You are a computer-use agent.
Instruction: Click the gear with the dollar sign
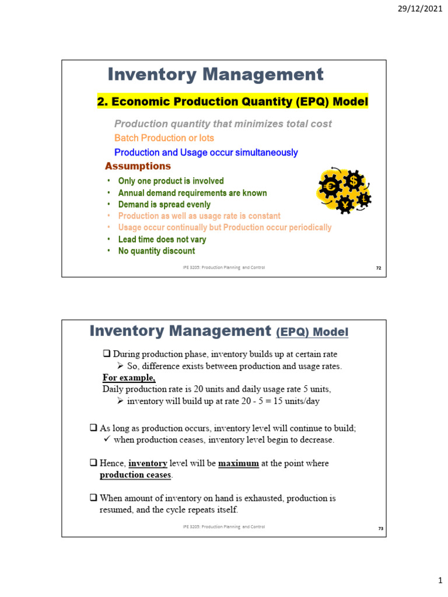(x=353, y=181)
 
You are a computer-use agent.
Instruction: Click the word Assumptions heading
(x=138, y=166)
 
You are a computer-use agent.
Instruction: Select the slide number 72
(x=378, y=268)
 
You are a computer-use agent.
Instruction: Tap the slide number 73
(x=378, y=528)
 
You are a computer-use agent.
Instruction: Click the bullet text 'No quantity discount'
(x=156, y=251)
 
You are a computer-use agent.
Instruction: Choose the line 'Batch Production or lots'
(x=164, y=138)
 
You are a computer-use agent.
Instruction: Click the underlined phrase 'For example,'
(x=129, y=377)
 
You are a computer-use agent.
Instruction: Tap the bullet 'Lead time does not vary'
(x=162, y=240)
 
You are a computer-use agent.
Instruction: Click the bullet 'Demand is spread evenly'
(x=164, y=205)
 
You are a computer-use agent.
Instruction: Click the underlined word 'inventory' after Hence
(x=148, y=463)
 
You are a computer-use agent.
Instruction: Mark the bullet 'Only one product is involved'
(x=171, y=181)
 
